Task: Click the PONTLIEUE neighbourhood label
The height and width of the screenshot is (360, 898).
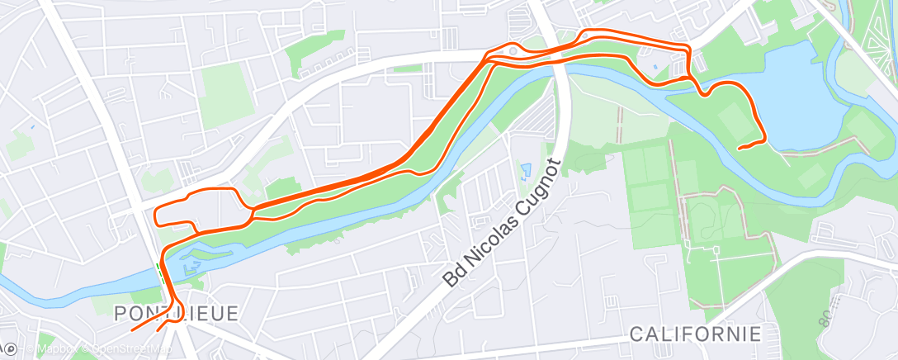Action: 177,314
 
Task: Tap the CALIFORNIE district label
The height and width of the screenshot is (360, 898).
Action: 695,334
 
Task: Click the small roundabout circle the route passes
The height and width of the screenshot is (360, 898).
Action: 513,51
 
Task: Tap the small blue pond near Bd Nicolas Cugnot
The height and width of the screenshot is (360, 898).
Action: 526,171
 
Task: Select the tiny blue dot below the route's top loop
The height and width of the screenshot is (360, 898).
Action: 654,67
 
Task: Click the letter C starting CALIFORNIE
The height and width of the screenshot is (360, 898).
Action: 636,334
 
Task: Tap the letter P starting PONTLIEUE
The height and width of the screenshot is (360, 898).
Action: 121,314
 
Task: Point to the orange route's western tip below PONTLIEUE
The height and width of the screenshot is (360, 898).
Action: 132,329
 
